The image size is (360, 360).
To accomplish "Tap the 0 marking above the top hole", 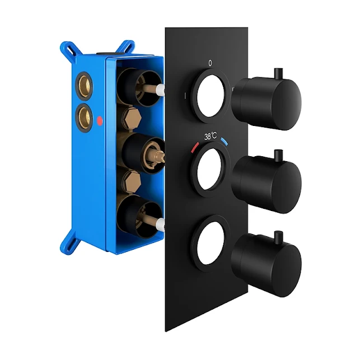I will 210,63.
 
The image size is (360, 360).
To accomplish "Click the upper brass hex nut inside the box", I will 132,117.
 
